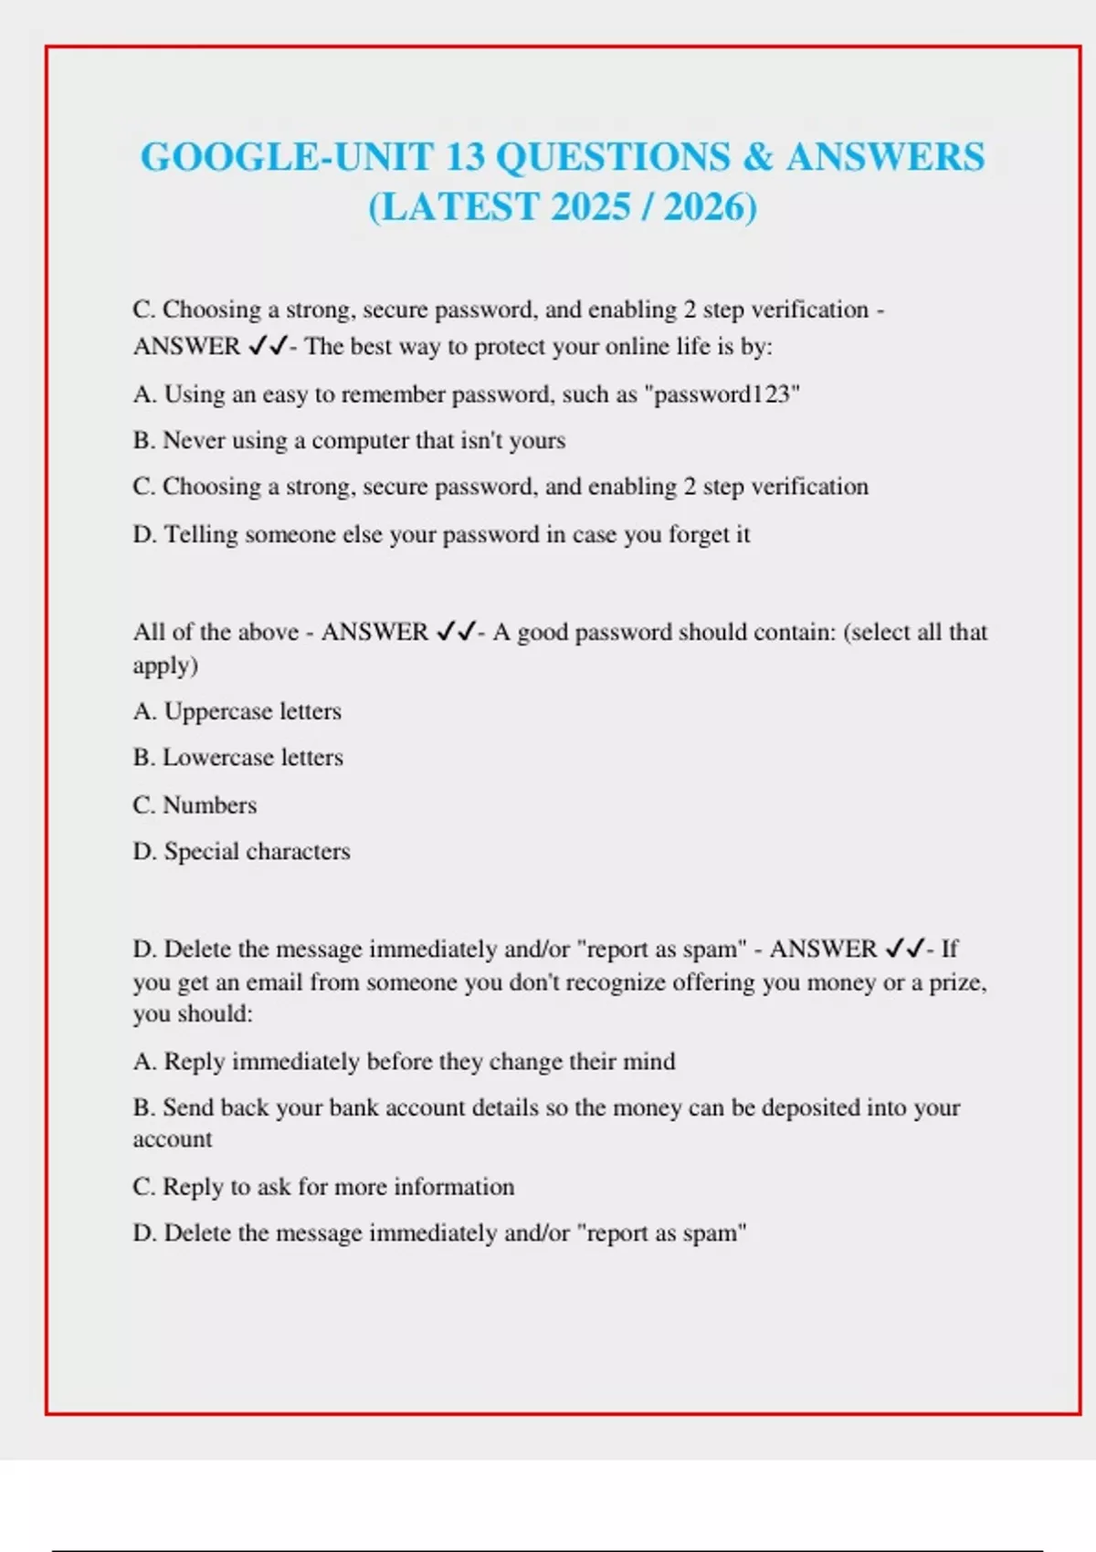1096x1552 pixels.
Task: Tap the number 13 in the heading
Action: point(466,157)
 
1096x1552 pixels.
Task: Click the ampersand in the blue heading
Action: point(758,157)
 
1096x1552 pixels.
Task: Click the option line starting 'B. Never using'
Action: point(349,440)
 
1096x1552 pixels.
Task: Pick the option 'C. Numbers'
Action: point(195,805)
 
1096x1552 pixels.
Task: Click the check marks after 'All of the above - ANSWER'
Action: point(456,632)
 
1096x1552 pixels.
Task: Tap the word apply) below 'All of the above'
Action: point(165,666)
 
